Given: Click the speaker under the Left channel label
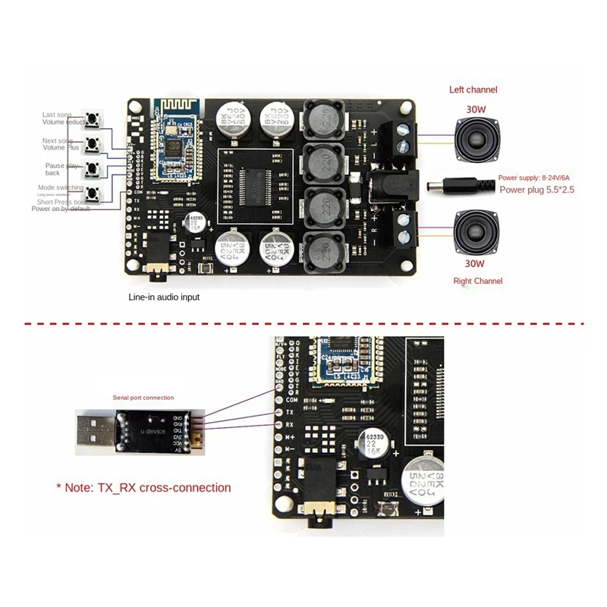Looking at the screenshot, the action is coord(476,139).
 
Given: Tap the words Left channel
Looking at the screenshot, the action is coord(473,90).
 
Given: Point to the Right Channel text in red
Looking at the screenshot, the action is coord(476,281).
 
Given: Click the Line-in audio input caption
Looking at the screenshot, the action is coord(164,297).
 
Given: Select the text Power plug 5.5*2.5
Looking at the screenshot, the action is coord(536,190).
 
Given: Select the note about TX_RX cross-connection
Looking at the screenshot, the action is coord(143,488).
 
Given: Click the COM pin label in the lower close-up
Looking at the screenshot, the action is coord(291,398).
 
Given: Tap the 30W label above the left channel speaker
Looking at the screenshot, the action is coord(476,109).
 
